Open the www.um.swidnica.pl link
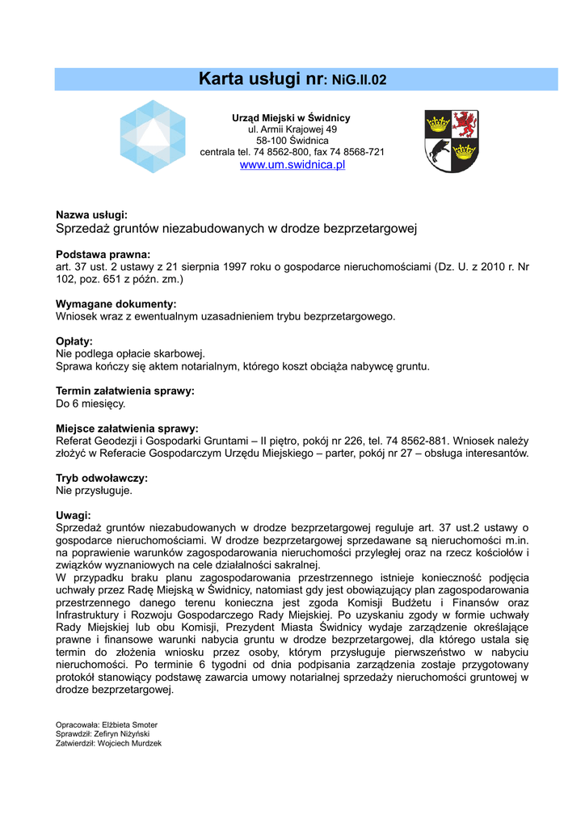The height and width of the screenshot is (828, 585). point(292,165)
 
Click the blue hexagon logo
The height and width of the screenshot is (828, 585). point(153,137)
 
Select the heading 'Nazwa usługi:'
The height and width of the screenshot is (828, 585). point(91,215)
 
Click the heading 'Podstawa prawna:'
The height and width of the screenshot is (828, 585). point(103,254)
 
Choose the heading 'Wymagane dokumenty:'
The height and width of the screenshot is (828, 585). point(116,304)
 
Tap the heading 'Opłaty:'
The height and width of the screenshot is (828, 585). point(74,341)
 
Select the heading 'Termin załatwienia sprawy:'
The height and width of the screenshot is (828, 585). point(124,391)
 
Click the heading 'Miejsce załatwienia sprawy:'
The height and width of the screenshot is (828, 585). point(127,429)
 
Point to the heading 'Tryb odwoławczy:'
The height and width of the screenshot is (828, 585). point(101,478)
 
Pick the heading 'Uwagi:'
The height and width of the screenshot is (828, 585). point(73,516)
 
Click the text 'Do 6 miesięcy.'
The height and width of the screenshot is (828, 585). point(90,403)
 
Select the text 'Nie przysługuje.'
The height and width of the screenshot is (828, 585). point(94,490)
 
